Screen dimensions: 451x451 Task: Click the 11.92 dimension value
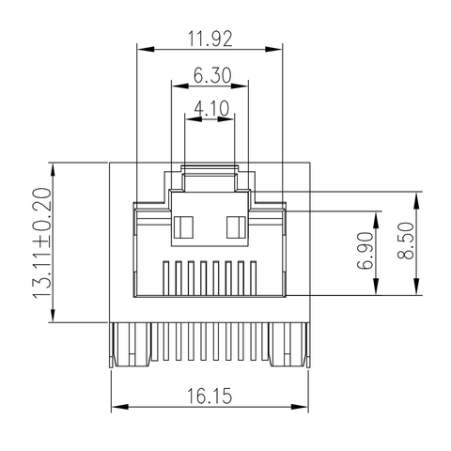(x=210, y=39)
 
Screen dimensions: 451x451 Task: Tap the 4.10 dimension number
(x=210, y=110)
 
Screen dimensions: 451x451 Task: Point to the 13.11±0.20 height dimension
(x=41, y=242)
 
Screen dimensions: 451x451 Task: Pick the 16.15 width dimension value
(x=210, y=396)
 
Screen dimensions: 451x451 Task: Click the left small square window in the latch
(x=184, y=225)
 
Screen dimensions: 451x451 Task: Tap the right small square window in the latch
(x=236, y=225)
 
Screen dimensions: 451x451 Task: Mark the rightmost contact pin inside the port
(x=252, y=278)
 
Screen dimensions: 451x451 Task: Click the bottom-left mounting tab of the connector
(x=131, y=345)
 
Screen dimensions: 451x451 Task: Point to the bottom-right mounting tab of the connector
(x=290, y=345)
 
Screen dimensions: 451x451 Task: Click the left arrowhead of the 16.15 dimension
(x=117, y=407)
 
